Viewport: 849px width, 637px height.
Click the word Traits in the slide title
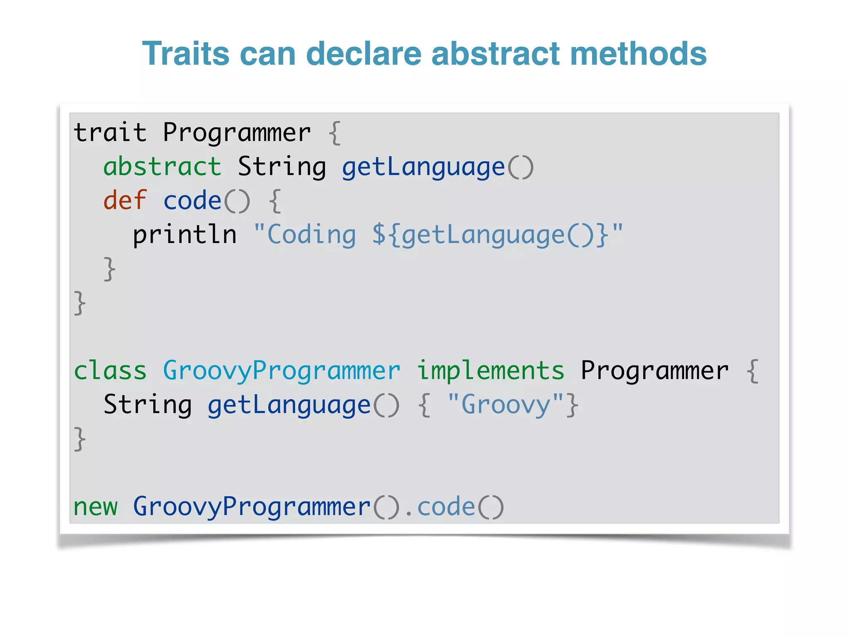[186, 53]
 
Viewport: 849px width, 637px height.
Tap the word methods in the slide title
[638, 53]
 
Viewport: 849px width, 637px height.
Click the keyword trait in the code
[110, 133]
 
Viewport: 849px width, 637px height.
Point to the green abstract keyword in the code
[162, 167]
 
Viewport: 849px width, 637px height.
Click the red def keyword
[125, 201]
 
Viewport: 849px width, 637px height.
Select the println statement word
[184, 235]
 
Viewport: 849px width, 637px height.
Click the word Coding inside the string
[311, 235]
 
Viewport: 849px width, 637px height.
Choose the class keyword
[110, 370]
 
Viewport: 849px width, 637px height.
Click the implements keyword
[490, 370]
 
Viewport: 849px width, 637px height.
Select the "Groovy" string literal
[505, 404]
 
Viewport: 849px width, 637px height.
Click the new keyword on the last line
[95, 506]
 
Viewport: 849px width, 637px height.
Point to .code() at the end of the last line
[454, 506]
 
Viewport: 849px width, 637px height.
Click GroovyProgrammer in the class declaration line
[281, 370]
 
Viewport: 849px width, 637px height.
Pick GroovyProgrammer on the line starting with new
[252, 506]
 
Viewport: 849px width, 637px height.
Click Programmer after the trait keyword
[237, 133]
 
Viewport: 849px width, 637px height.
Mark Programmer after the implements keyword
[655, 370]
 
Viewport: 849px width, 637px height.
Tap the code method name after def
[192, 201]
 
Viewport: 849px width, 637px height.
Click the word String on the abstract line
[281, 167]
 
